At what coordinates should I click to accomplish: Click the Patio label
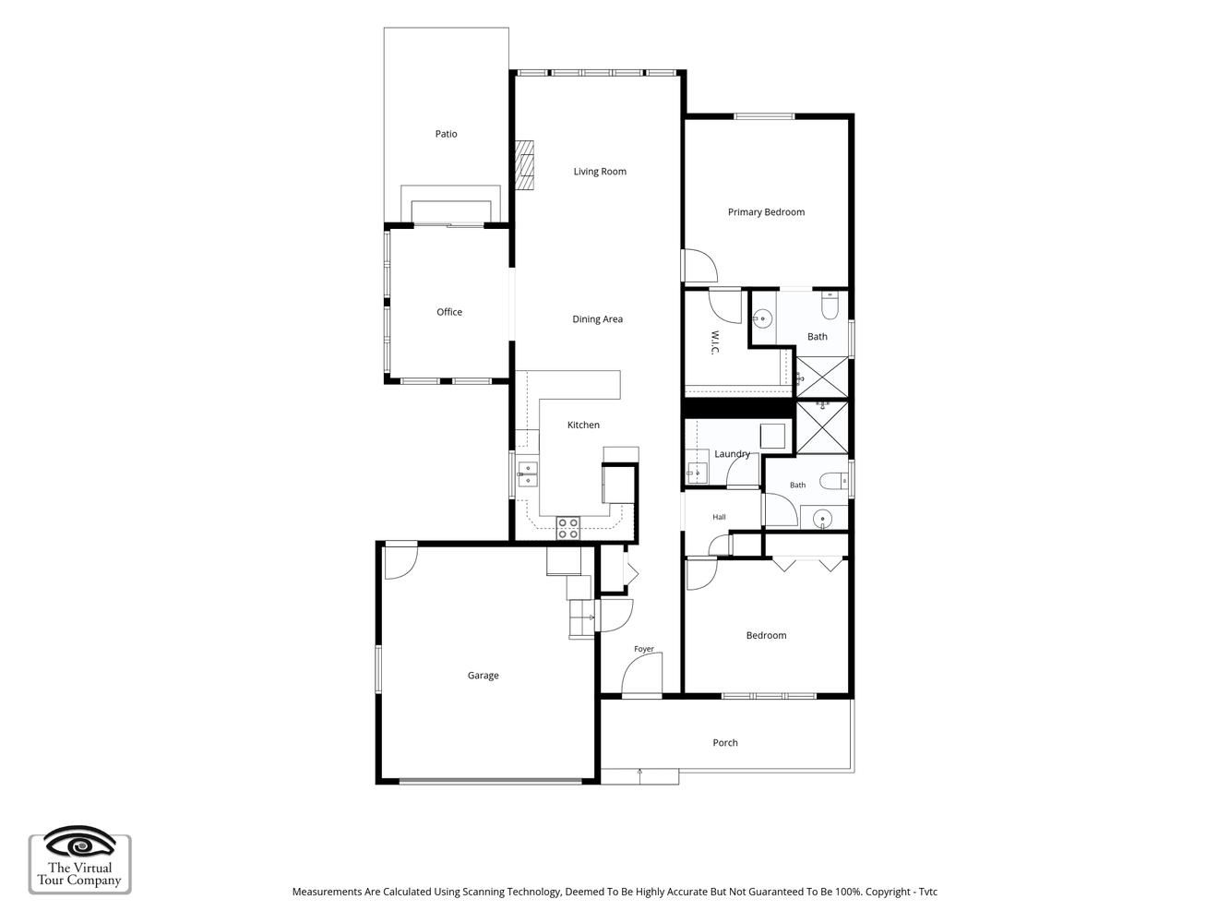tap(446, 134)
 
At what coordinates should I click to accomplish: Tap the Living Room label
tap(600, 172)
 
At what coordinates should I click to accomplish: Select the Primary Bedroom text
tap(766, 212)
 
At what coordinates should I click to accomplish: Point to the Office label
tap(449, 312)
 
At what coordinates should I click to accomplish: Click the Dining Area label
tap(597, 319)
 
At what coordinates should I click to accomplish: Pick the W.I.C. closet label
tap(714, 342)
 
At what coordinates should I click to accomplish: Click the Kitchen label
tap(583, 425)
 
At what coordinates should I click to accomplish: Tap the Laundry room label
tap(732, 454)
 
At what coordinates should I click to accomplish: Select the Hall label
tap(719, 517)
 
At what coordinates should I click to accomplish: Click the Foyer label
tap(644, 649)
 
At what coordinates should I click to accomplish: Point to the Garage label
tap(483, 676)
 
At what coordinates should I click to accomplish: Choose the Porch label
tap(725, 742)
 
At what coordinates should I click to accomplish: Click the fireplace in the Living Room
tap(524, 165)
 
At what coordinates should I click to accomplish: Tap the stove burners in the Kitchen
tap(567, 528)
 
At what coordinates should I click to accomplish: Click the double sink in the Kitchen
tap(527, 473)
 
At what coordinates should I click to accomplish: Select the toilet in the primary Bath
tap(830, 305)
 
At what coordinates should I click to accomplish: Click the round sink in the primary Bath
tap(762, 319)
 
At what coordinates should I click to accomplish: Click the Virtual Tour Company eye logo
tap(80, 843)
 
